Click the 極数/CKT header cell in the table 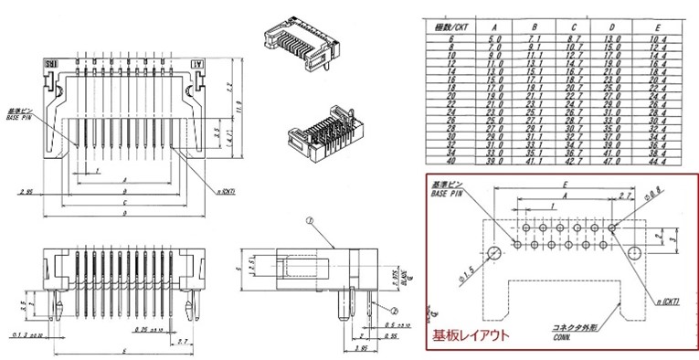448,26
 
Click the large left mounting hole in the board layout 494,252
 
